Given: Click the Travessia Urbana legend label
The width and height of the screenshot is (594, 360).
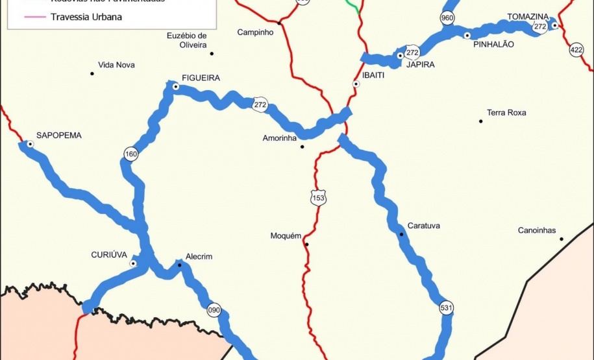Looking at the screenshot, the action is pyautogui.click(x=86, y=17).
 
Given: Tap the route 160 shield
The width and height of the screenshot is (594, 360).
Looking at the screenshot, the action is pyautogui.click(x=131, y=154).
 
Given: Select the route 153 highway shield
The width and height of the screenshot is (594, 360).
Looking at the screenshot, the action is pyautogui.click(x=318, y=198).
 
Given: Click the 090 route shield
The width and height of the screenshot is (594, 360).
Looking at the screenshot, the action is pyautogui.click(x=214, y=310).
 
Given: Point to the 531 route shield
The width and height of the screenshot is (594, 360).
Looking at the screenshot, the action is pyautogui.click(x=446, y=307).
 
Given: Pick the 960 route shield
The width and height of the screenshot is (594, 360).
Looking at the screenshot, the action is pyautogui.click(x=447, y=18).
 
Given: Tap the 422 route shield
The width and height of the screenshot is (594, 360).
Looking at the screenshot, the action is pyautogui.click(x=576, y=50).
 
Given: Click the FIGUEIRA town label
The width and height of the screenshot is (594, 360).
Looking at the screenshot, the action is pyautogui.click(x=201, y=78).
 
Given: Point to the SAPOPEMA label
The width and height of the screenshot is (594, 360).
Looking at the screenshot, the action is pyautogui.click(x=58, y=135).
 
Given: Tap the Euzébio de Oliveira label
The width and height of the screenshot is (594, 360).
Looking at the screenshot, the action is pyautogui.click(x=186, y=40).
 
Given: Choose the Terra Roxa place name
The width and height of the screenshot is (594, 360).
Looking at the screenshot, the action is pyautogui.click(x=506, y=113).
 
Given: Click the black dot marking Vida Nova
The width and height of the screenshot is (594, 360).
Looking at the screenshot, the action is pyautogui.click(x=92, y=73).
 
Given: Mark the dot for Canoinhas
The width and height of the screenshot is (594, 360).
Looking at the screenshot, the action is pyautogui.click(x=562, y=239).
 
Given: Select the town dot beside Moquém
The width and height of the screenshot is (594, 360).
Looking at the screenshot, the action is pyautogui.click(x=306, y=245).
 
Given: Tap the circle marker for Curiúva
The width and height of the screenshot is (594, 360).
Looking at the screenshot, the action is pyautogui.click(x=133, y=263).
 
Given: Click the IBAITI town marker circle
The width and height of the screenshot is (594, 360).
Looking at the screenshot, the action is pyautogui.click(x=356, y=84).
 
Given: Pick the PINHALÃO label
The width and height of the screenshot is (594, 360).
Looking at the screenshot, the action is pyautogui.click(x=493, y=45).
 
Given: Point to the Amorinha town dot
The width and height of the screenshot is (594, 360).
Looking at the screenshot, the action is pyautogui.click(x=302, y=147).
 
